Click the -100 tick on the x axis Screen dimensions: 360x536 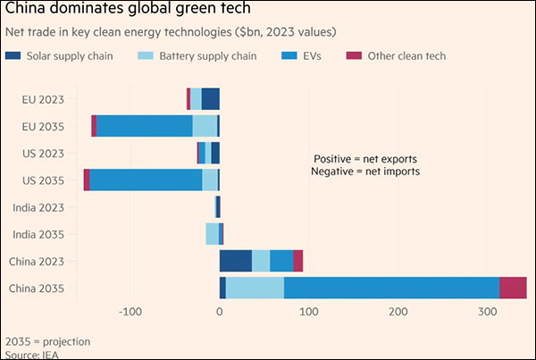click(x=130, y=312)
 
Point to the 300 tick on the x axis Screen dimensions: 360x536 click(x=487, y=312)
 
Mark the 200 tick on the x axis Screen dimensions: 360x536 click(x=398, y=312)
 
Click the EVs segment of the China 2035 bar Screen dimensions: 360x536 click(x=391, y=288)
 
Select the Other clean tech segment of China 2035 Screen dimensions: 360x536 click(x=513, y=288)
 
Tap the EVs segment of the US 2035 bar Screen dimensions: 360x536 click(x=146, y=180)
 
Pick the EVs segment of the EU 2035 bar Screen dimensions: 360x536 click(x=144, y=126)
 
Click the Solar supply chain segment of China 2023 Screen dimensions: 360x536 click(x=236, y=261)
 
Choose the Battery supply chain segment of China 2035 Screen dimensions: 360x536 click(x=255, y=288)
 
